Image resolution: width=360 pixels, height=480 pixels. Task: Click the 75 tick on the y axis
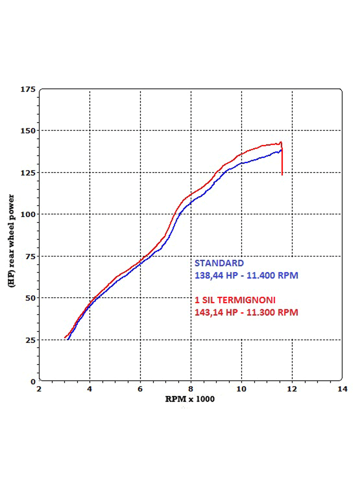click(30, 256)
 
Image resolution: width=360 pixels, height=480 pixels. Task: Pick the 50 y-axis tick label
click(30, 298)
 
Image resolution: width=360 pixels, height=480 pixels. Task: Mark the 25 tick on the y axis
click(30, 340)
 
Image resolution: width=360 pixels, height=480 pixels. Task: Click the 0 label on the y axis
click(33, 382)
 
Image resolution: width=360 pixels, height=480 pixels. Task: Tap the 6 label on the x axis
click(141, 389)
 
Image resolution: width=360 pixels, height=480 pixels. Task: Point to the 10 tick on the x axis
click(241, 389)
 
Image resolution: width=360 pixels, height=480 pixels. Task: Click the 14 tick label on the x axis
click(342, 389)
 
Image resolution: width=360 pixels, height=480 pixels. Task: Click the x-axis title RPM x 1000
click(190, 399)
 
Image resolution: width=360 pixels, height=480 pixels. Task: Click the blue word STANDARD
click(219, 263)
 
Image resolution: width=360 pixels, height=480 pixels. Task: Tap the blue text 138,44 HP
click(213, 276)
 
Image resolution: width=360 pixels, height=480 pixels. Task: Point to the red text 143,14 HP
click(213, 312)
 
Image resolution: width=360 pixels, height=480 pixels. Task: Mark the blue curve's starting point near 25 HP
click(68, 339)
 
